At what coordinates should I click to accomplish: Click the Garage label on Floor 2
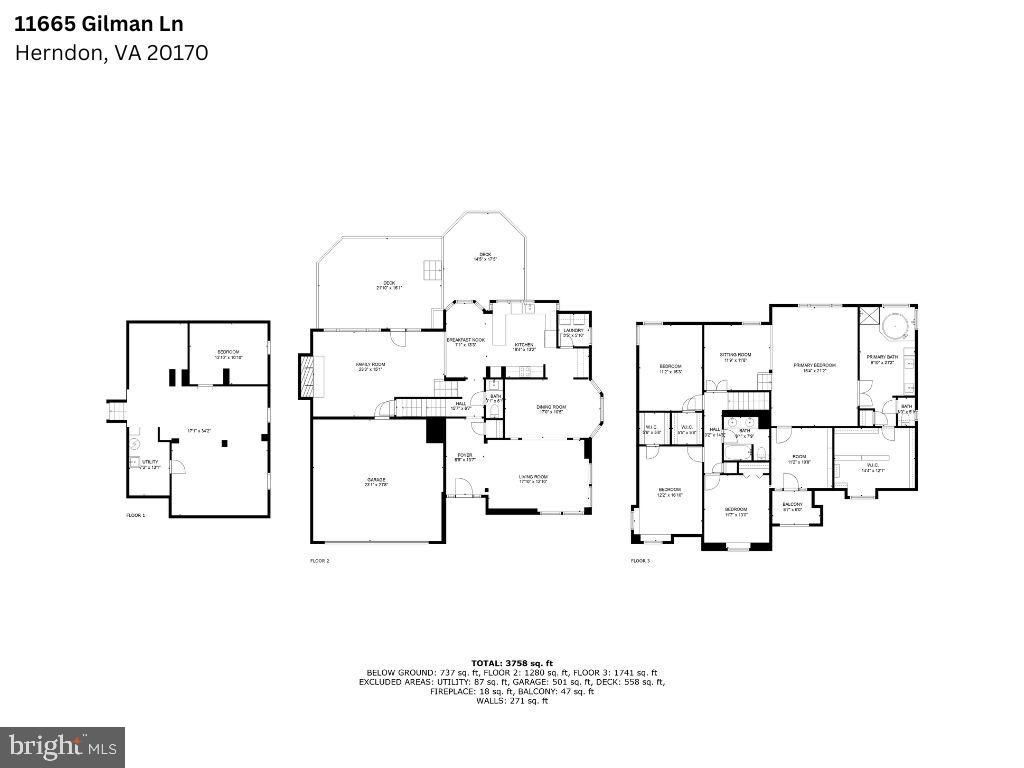(376, 481)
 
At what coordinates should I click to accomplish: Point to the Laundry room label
(573, 332)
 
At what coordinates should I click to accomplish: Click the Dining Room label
(551, 408)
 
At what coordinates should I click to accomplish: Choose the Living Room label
(533, 479)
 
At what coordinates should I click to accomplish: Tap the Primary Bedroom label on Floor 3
(814, 367)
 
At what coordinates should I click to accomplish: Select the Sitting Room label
(737, 357)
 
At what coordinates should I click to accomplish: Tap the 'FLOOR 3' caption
(640, 561)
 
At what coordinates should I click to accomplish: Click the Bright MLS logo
(62, 746)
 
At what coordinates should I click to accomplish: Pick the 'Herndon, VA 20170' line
(111, 53)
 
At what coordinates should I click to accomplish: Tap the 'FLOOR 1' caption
(135, 515)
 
